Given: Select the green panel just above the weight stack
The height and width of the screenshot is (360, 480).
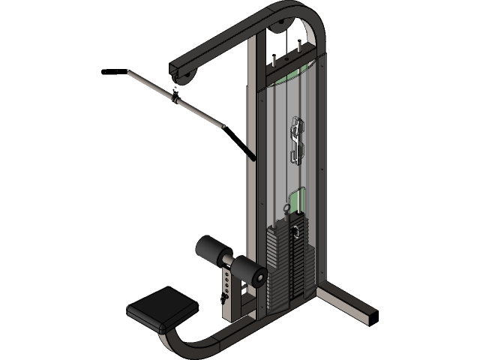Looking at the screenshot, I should click(x=298, y=201).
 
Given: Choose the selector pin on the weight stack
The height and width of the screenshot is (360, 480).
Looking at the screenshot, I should click(x=298, y=229).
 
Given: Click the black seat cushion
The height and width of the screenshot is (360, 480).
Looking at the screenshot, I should click(x=161, y=309).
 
